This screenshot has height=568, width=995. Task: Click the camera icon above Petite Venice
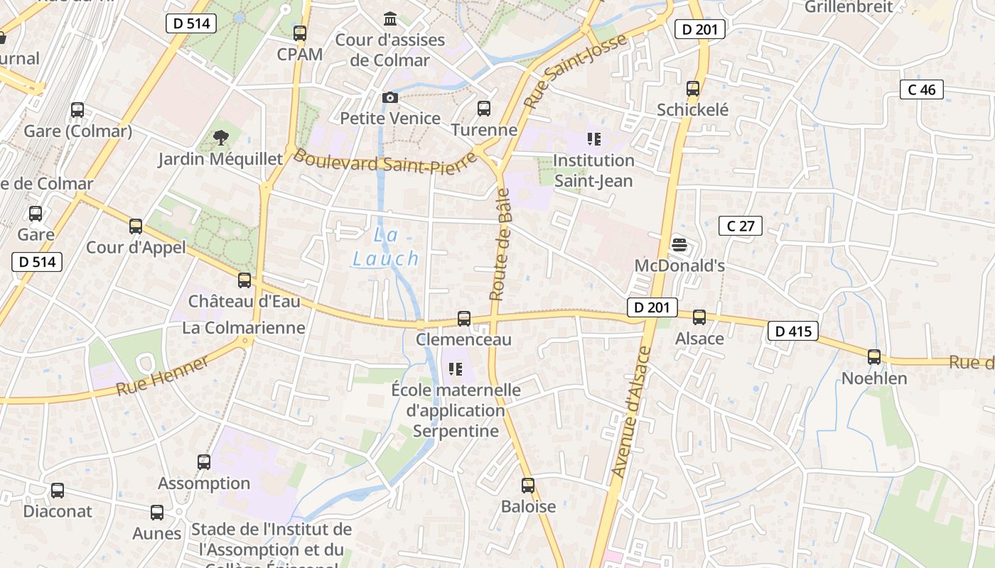[390, 97]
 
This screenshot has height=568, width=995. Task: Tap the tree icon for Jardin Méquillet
[221, 137]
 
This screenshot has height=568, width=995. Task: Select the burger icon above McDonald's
[679, 246]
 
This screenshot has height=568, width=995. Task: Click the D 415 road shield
[793, 331]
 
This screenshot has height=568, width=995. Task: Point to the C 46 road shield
[922, 89]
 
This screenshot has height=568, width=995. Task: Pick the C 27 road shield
[740, 226]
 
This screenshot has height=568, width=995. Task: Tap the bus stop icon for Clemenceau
[464, 319]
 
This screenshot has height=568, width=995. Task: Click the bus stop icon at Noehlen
[874, 357]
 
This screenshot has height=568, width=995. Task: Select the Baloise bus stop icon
[528, 486]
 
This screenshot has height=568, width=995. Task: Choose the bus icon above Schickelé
[693, 89]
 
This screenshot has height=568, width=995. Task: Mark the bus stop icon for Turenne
[484, 109]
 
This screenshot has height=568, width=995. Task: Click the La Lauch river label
[386, 246]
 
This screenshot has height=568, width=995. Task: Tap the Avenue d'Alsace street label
[631, 411]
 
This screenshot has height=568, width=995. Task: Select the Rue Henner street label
[163, 376]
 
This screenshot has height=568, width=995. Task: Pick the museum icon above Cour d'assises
[390, 18]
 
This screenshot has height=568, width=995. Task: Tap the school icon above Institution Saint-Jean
[594, 139]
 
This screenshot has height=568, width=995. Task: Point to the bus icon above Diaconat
[58, 490]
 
